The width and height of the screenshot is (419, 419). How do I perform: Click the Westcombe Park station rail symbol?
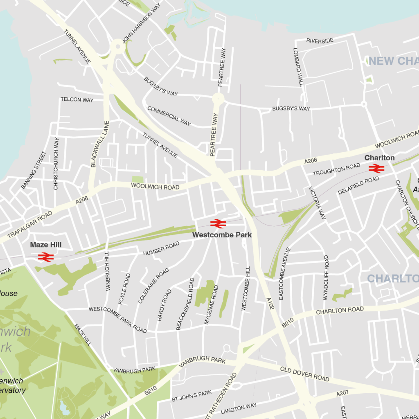click(218, 223)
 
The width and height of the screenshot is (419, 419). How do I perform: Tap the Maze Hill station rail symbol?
click(45, 257)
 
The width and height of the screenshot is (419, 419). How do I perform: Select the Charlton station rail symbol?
click(376, 168)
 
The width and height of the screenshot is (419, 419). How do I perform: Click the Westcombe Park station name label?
click(222, 235)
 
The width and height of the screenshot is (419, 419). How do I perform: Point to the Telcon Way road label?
click(77, 99)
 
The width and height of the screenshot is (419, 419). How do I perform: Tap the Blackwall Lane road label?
click(94, 144)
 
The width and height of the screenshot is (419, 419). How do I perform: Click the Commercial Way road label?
click(169, 116)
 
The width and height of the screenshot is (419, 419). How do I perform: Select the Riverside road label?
click(320, 41)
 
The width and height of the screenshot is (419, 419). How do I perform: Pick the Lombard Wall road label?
click(298, 67)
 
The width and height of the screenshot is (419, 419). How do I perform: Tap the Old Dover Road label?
click(305, 374)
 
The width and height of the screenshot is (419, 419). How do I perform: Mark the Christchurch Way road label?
click(56, 163)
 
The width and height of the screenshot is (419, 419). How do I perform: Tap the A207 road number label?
click(342, 394)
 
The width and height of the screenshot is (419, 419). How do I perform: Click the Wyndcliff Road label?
click(326, 277)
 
